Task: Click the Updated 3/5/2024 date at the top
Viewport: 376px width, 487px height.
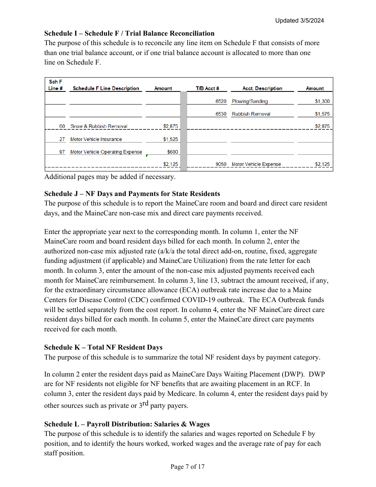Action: [300, 21]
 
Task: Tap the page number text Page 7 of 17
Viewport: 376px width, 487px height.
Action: [188, 467]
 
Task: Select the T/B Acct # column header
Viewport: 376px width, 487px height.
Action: [207, 88]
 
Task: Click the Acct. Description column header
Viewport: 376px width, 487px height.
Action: [262, 88]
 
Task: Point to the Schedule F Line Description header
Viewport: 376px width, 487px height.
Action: [106, 88]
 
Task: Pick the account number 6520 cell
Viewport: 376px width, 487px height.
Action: [221, 101]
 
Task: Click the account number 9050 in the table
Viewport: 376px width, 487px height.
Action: [221, 164]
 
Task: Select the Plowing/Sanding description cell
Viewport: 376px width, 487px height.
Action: [250, 101]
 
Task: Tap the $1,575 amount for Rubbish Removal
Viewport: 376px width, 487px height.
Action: [322, 114]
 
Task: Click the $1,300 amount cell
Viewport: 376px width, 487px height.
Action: [322, 101]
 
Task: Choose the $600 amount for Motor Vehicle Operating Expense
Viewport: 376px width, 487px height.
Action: [173, 152]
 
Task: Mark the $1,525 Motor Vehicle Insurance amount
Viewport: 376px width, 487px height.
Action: [171, 139]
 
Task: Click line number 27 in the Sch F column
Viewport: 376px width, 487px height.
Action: [62, 139]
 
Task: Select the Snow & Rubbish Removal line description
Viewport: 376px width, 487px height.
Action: [99, 127]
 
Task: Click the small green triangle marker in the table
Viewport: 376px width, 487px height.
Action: [147, 156]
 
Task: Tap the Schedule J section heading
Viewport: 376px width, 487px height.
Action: [132, 194]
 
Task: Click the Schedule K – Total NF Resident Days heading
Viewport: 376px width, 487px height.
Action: [103, 347]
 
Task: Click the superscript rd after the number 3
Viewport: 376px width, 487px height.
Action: [145, 403]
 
